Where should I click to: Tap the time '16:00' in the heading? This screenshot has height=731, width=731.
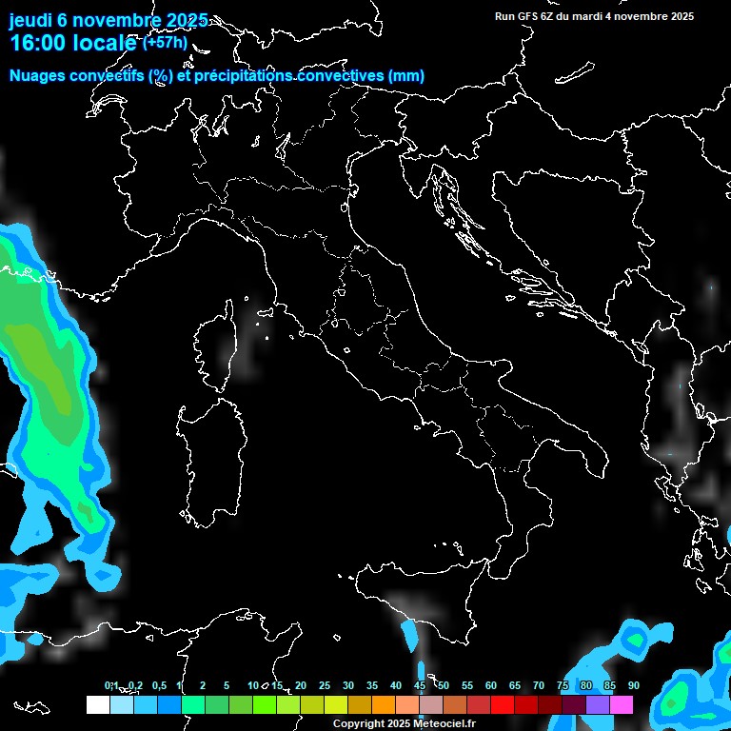coord(36,43)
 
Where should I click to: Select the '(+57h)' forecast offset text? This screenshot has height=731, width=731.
coord(165,43)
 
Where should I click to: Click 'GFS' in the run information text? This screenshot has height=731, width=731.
coord(528,16)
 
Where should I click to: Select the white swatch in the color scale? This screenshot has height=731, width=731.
coord(97,704)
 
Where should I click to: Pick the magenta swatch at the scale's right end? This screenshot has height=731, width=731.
coord(622,704)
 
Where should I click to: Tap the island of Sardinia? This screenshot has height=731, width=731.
coord(211,452)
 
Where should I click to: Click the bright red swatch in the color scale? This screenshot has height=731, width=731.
coord(503,704)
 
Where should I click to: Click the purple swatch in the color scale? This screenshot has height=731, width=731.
coord(598,704)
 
